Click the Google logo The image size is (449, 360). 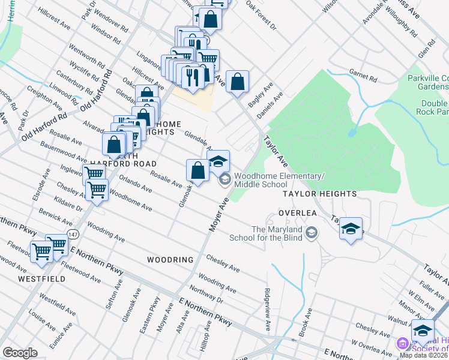click(20, 353)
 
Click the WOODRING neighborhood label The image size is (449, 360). click(170, 260)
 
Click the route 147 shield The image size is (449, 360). click(73, 233)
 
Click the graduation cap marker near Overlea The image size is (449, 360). click(351, 229)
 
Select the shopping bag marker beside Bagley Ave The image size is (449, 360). click(238, 81)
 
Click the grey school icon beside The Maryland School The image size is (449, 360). click(311, 232)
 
